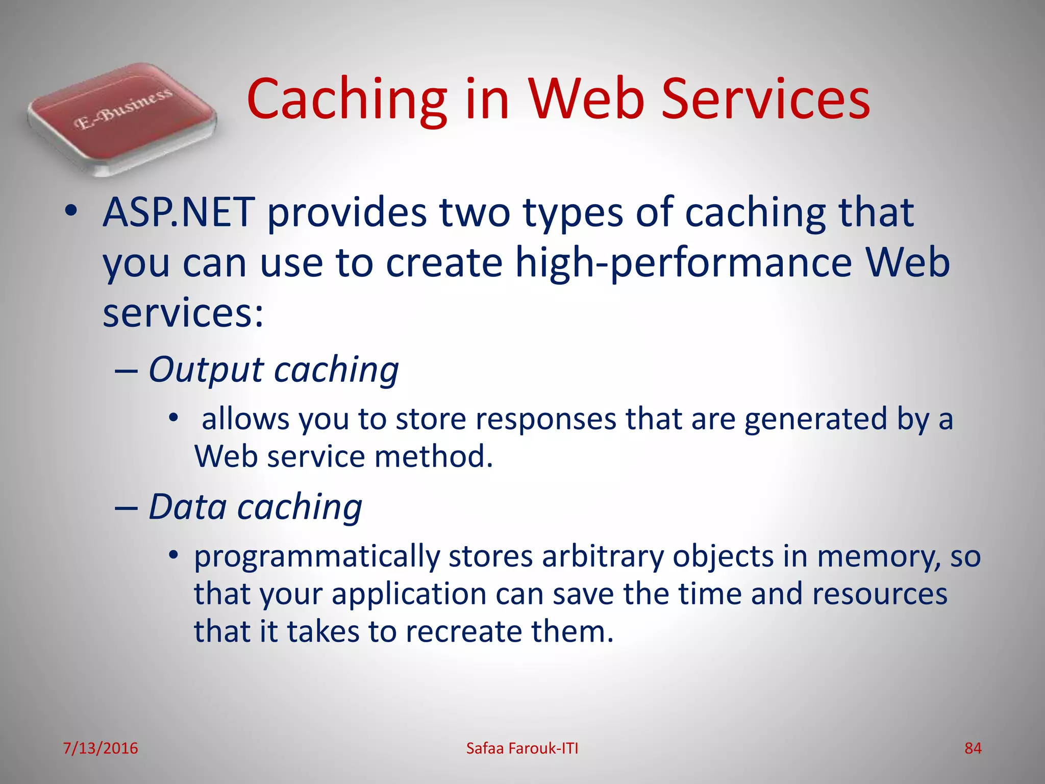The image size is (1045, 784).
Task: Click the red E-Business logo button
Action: pos(122,117)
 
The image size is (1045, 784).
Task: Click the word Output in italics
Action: pos(206,370)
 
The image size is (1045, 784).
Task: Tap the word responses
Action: pos(546,419)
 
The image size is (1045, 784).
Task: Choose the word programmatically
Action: pos(317,556)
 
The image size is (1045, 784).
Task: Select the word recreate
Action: pos(464,631)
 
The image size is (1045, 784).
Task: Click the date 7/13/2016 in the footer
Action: pos(101,748)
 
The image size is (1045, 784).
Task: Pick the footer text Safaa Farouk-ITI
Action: pos(522,748)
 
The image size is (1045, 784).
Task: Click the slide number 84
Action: pos(973,748)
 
